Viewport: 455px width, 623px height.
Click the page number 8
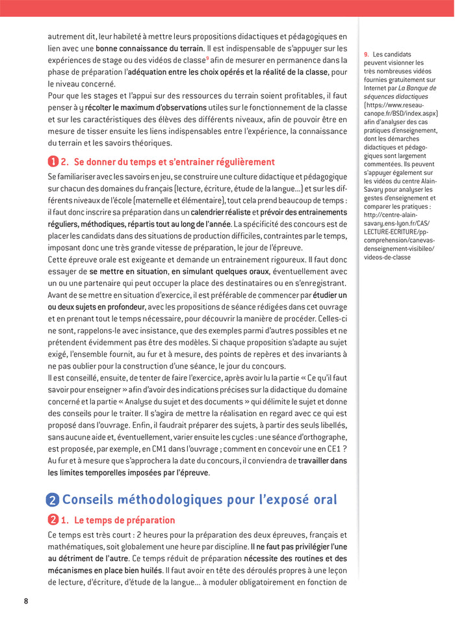(26, 600)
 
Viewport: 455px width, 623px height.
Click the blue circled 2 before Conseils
(53, 499)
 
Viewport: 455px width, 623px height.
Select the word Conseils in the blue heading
(93, 499)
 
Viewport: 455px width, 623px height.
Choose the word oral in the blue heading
(318, 499)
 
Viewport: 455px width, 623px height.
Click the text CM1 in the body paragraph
(146, 449)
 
